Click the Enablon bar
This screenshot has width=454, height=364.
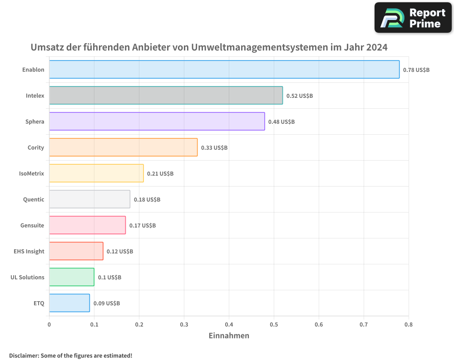click(x=224, y=70)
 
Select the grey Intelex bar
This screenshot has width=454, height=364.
click(x=166, y=96)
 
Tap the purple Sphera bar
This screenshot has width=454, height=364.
click(x=157, y=121)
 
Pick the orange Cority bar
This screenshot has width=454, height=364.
click(x=123, y=147)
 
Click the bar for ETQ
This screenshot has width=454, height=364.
click(x=69, y=303)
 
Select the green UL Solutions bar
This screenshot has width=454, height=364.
click(x=72, y=277)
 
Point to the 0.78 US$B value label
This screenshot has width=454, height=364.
click(x=416, y=70)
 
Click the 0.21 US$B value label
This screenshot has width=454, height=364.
click(x=160, y=174)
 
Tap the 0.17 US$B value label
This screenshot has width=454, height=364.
click(x=143, y=226)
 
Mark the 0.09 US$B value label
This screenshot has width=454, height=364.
click(x=107, y=303)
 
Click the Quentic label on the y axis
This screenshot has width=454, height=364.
click(x=34, y=199)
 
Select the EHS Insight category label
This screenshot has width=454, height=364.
click(x=29, y=251)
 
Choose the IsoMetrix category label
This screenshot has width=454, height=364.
click(x=32, y=173)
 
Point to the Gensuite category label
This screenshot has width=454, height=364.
click(x=32, y=225)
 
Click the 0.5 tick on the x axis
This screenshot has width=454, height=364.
click(x=274, y=324)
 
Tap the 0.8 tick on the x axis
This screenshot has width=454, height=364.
click(x=409, y=324)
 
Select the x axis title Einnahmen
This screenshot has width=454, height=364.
click(x=229, y=336)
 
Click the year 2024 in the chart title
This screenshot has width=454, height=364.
click(x=377, y=47)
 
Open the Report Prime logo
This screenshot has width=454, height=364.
click(x=413, y=18)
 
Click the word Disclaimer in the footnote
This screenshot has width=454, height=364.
click(x=24, y=355)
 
